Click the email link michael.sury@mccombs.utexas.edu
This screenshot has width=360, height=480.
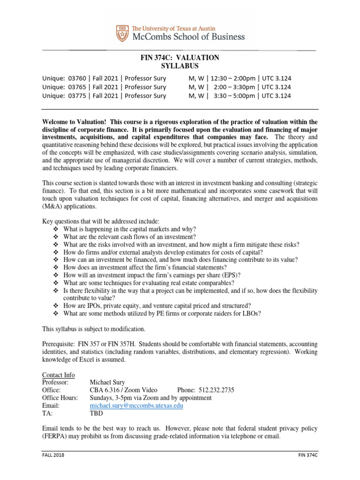[x=136, y=406]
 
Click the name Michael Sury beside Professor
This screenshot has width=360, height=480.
[x=108, y=382]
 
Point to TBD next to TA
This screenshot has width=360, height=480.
[x=96, y=414]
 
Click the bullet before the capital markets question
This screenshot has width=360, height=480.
[x=55, y=229]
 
